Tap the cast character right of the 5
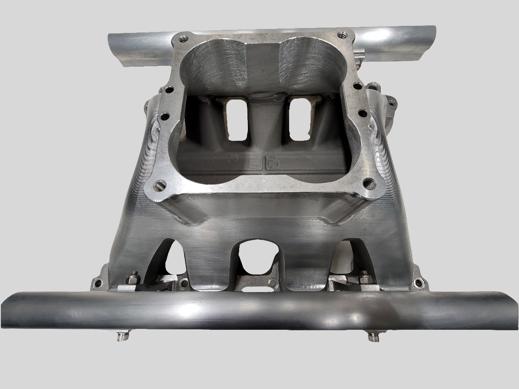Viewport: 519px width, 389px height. pyautogui.click(x=273, y=164)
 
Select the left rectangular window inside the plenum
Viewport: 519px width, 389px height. pyautogui.click(x=238, y=119)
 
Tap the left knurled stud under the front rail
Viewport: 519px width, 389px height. pyautogui.click(x=123, y=337)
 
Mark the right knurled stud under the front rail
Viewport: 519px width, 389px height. pyautogui.click(x=373, y=336)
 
